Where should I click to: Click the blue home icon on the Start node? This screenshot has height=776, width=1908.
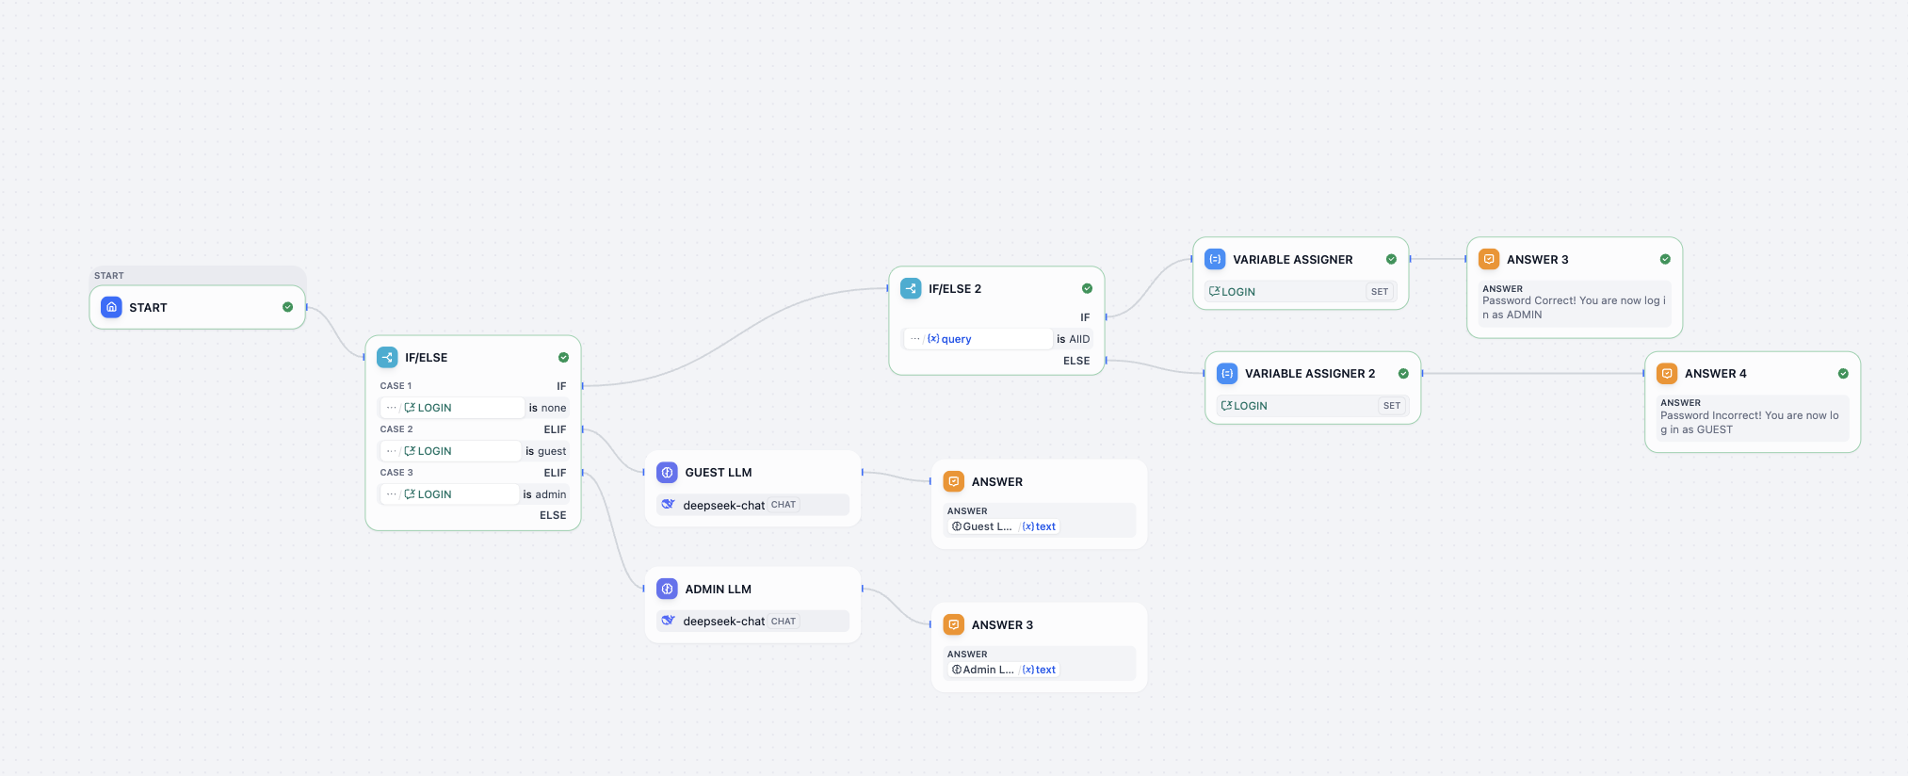(x=111, y=307)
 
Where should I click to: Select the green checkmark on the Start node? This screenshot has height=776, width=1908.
(x=287, y=307)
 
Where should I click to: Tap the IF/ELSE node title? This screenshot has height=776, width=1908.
(x=426, y=358)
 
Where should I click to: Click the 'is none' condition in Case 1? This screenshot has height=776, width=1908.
(x=547, y=408)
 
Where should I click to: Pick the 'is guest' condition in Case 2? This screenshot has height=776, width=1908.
(x=545, y=451)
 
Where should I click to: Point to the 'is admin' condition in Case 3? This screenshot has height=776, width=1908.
(x=544, y=494)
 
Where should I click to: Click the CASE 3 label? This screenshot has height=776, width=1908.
(x=396, y=473)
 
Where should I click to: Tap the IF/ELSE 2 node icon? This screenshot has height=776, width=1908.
(x=911, y=288)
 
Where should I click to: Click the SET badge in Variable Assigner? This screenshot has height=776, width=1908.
(x=1379, y=292)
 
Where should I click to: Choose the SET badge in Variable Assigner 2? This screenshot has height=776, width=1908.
(x=1391, y=406)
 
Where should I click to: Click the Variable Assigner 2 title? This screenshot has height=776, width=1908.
(x=1309, y=374)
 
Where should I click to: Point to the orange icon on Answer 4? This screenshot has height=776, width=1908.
(x=1666, y=374)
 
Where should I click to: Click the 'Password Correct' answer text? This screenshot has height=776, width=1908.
(x=1573, y=308)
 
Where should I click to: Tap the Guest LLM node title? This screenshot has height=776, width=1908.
(x=718, y=473)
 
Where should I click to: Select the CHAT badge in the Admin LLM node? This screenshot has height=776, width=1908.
(x=783, y=622)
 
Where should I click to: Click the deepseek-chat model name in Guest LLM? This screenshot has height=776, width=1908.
(x=723, y=506)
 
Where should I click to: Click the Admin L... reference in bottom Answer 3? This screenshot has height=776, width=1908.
(x=983, y=670)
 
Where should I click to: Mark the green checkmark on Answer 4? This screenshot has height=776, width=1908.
(x=1843, y=374)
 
